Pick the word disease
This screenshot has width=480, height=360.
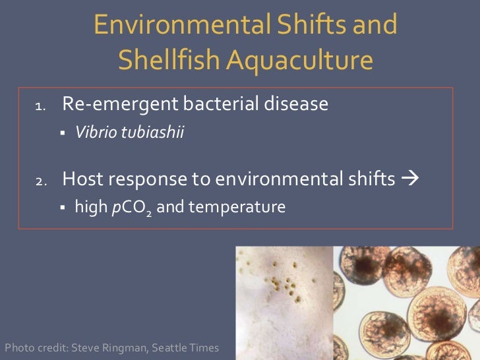coord(297,104)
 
